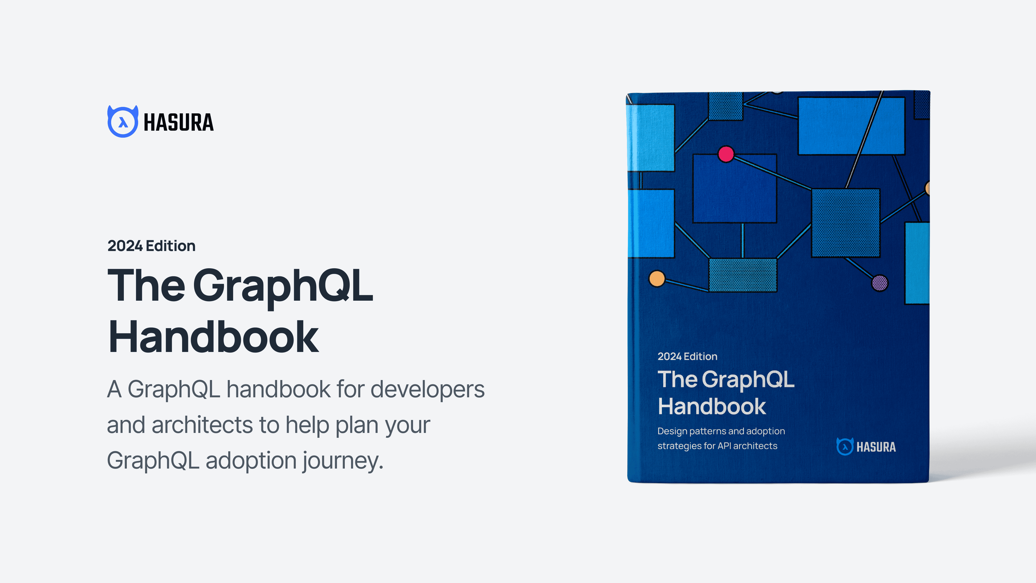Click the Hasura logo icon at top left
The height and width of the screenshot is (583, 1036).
123,121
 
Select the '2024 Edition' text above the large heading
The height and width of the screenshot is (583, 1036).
151,246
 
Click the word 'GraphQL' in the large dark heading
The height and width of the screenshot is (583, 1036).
283,286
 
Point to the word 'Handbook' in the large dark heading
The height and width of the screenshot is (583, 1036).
214,337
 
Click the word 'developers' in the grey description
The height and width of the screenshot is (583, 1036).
428,389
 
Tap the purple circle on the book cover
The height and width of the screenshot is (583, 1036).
880,283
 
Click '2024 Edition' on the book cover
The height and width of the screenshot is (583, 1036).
687,357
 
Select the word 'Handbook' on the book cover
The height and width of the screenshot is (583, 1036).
712,406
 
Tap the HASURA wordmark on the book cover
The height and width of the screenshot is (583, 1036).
876,447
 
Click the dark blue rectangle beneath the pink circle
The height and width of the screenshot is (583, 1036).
734,189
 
